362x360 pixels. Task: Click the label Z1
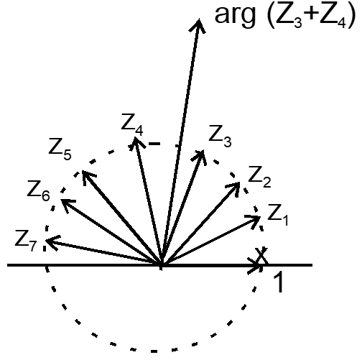pos(278,215)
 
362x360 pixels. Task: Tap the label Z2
pos(259,177)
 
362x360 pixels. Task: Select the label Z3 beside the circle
pos(220,136)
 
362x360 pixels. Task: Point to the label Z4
pos(132,124)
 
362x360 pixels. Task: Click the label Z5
pos(60,149)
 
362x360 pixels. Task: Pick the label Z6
pos(38,190)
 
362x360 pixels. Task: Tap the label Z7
pos(26,241)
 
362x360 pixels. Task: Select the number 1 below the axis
pos(278,282)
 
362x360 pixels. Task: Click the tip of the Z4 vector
pos(134,137)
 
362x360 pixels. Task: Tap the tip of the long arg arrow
pos(199,19)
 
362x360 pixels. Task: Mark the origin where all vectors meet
pos(162,265)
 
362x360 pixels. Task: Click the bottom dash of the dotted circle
pos(154,351)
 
